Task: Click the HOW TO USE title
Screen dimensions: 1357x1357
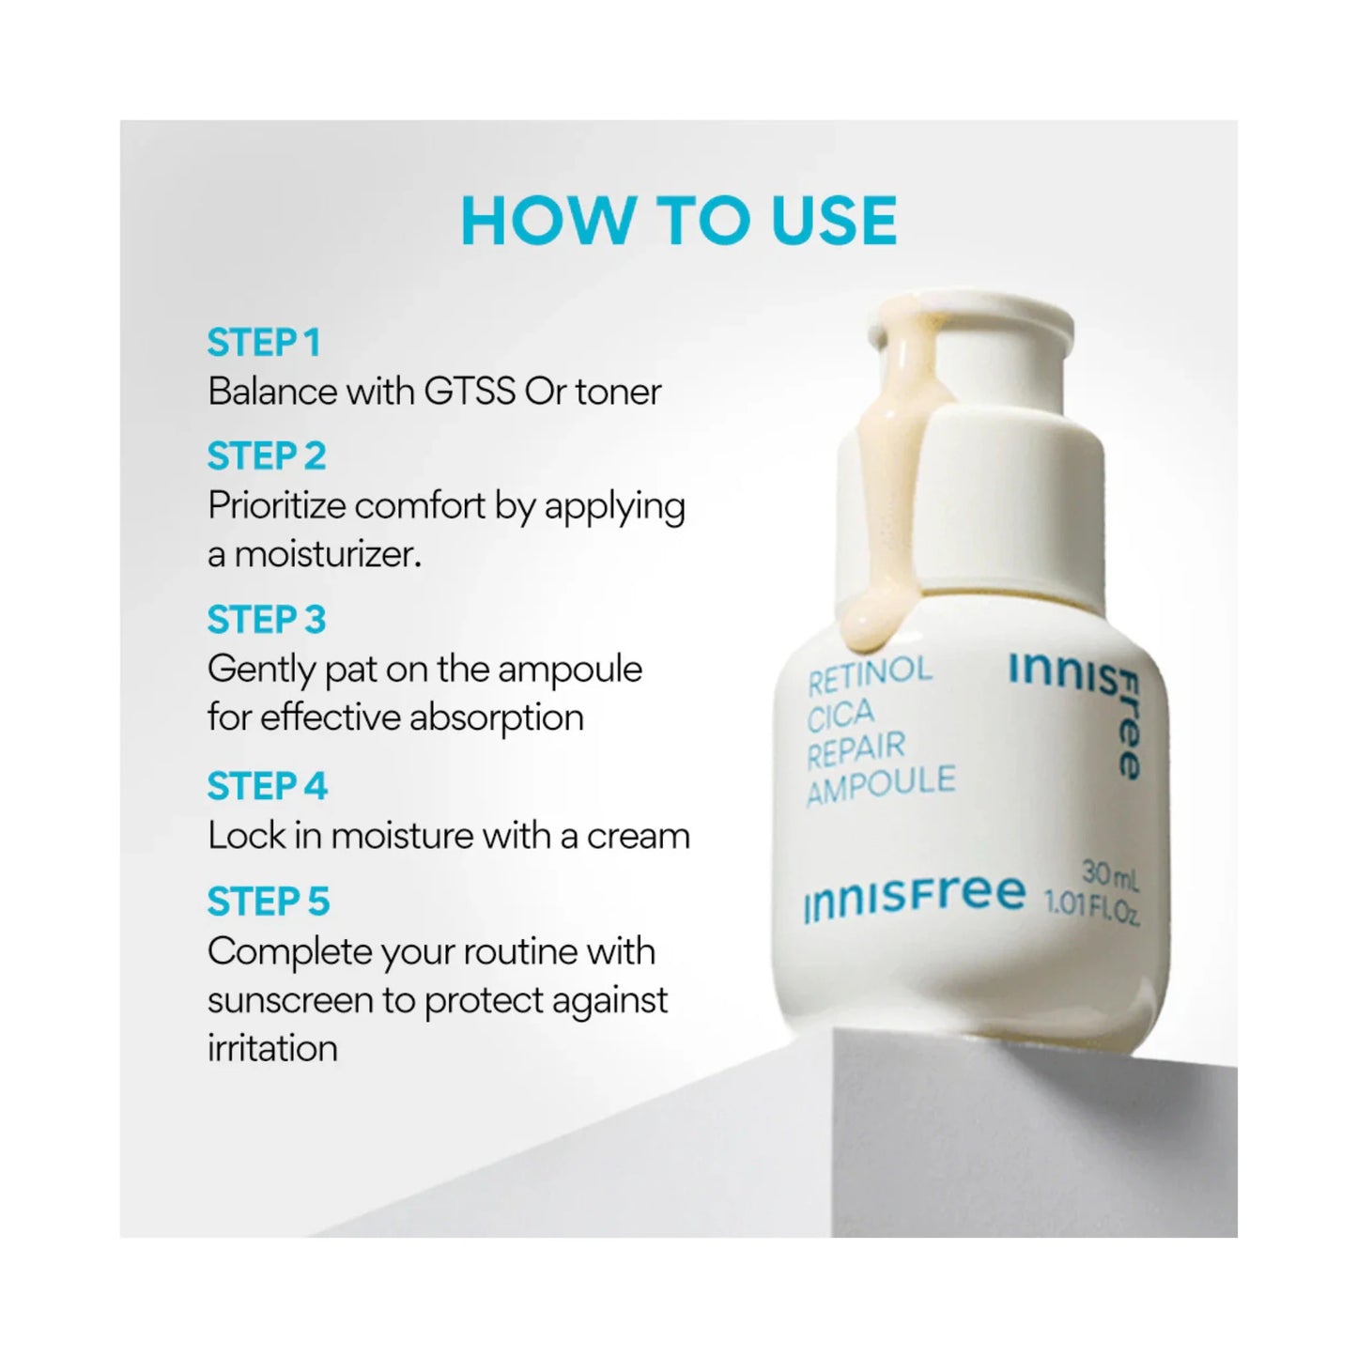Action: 678,221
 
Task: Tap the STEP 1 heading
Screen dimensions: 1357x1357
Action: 264,343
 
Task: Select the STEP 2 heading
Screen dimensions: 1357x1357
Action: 267,456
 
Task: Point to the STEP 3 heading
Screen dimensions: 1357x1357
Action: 267,620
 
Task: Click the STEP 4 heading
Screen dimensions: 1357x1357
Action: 268,786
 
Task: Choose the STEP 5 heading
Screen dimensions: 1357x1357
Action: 269,902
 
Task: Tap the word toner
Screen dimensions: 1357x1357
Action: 618,392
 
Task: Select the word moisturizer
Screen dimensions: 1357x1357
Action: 327,555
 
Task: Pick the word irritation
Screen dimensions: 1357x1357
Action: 272,1049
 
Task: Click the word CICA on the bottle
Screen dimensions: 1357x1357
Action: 840,716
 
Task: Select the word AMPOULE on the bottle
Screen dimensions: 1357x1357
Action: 880,786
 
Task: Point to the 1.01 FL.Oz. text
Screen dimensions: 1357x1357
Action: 1092,908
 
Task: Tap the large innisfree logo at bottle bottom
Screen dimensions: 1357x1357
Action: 915,897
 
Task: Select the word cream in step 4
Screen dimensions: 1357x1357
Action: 638,836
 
